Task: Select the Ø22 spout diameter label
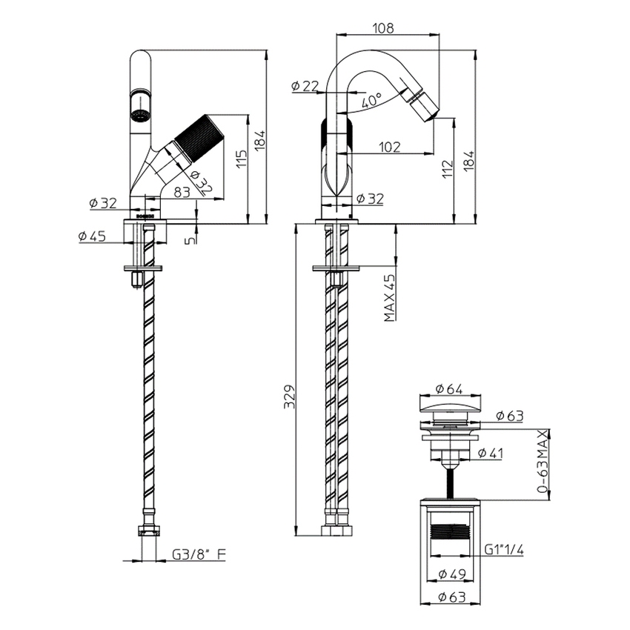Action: [x=305, y=87]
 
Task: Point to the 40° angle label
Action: [x=371, y=99]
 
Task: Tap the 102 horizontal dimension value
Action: [x=389, y=147]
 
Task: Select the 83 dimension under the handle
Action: [x=182, y=191]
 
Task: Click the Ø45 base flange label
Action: [x=92, y=236]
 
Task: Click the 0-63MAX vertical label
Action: [x=543, y=462]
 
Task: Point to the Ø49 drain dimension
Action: [x=450, y=574]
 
